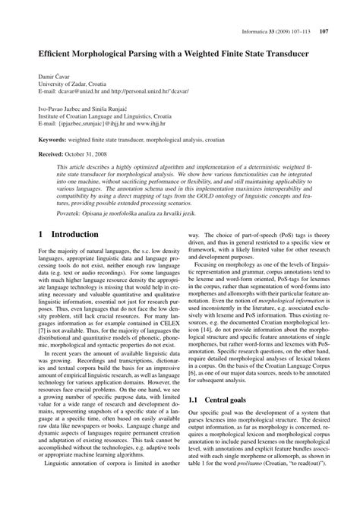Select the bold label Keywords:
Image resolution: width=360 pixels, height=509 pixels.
[43, 141]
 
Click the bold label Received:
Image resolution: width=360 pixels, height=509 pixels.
[43, 154]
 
